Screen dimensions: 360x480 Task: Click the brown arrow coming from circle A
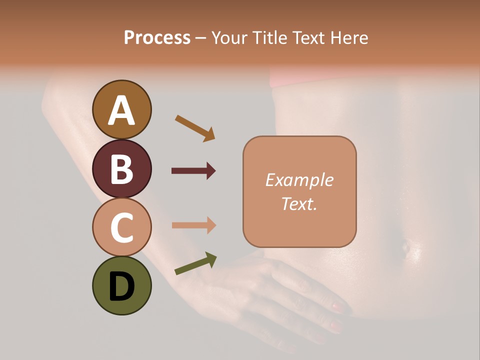tap(195, 128)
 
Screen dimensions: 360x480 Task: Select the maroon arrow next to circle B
tap(193, 171)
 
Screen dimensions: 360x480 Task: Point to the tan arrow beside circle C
tap(193, 225)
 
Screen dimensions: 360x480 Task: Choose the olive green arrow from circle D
tap(195, 263)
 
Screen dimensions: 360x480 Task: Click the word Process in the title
tap(157, 38)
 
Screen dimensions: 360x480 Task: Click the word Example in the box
tap(299, 180)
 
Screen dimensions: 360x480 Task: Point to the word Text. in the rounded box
tap(299, 203)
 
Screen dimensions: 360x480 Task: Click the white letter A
tap(121, 111)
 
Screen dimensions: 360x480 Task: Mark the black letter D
tap(121, 287)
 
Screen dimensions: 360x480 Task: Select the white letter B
tap(121, 169)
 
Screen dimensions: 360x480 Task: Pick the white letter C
tap(121, 227)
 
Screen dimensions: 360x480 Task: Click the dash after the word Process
tap(201, 38)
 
